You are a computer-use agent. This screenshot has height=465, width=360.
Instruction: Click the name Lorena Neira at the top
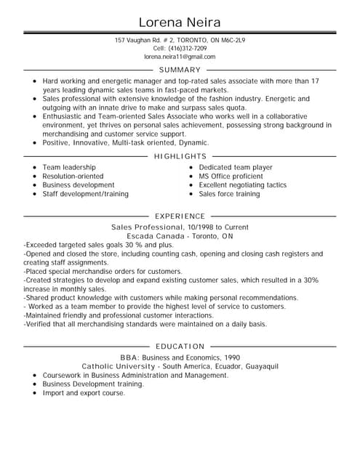coord(180,21)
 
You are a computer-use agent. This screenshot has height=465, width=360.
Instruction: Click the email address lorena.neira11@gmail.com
coord(180,57)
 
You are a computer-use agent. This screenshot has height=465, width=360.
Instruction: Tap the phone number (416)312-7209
coord(188,48)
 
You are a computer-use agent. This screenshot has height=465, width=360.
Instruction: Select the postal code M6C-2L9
coord(233,40)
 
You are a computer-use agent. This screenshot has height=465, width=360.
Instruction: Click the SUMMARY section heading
coord(180,70)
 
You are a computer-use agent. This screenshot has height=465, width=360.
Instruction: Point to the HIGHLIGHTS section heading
coord(180,156)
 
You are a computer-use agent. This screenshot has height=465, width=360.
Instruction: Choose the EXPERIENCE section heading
coord(180,216)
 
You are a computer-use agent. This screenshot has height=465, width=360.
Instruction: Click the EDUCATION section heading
coord(180,347)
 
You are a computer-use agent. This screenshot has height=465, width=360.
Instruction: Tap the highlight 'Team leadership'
coord(68,167)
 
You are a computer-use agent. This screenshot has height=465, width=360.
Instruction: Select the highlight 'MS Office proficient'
coord(231,177)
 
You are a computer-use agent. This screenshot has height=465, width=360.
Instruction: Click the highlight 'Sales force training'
coord(229,194)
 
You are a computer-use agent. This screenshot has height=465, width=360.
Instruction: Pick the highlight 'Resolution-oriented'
coord(73,177)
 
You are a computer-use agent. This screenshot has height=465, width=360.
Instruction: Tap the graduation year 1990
coord(231,357)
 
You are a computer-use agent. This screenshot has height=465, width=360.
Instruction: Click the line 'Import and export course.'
coord(84,393)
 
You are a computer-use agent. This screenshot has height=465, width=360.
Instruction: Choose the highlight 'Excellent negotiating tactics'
coord(242,185)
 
